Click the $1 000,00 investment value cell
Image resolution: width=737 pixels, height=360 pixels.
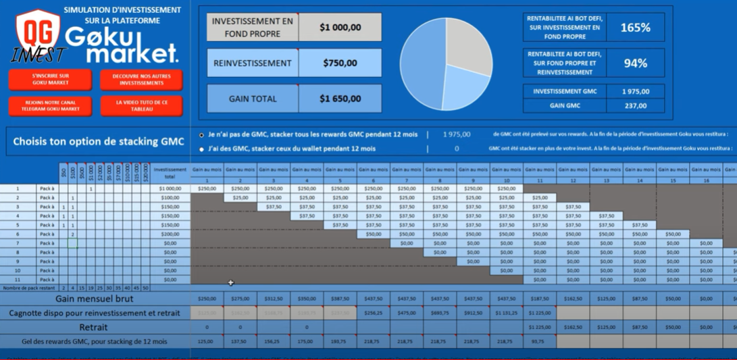[340, 28]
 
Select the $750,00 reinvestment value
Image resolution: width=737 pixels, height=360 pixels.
[340, 63]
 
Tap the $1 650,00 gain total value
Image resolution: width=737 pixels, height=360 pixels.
[340, 99]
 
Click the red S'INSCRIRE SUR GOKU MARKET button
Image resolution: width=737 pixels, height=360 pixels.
[50, 79]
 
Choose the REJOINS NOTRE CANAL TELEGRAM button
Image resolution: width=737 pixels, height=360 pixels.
[50, 105]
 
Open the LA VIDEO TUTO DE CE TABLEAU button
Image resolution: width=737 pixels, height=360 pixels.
[141, 105]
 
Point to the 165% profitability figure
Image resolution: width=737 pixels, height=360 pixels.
[635, 28]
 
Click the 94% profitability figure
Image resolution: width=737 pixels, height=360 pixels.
[635, 63]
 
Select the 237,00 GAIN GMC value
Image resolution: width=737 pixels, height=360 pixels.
[635, 105]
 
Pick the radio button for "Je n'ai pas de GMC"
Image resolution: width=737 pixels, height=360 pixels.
[201, 135]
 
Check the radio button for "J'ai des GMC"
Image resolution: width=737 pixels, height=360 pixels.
[201, 149]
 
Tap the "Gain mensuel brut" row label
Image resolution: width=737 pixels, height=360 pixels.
[94, 299]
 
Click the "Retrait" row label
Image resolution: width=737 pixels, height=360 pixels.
[94, 327]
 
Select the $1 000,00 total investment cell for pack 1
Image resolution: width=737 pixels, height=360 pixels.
[170, 189]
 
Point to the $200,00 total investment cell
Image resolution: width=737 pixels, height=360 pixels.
[170, 234]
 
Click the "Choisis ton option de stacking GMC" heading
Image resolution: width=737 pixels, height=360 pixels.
[99, 142]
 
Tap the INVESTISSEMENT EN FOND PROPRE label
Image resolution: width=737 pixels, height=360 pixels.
[253, 28]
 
